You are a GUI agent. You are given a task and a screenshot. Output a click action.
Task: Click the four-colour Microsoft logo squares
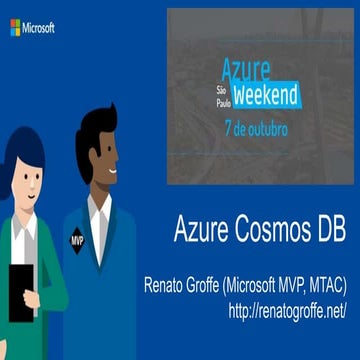(x=15, y=27)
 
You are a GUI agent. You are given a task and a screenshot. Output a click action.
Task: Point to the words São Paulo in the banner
(x=223, y=95)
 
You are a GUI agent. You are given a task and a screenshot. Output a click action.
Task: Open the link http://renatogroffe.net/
(x=287, y=311)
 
